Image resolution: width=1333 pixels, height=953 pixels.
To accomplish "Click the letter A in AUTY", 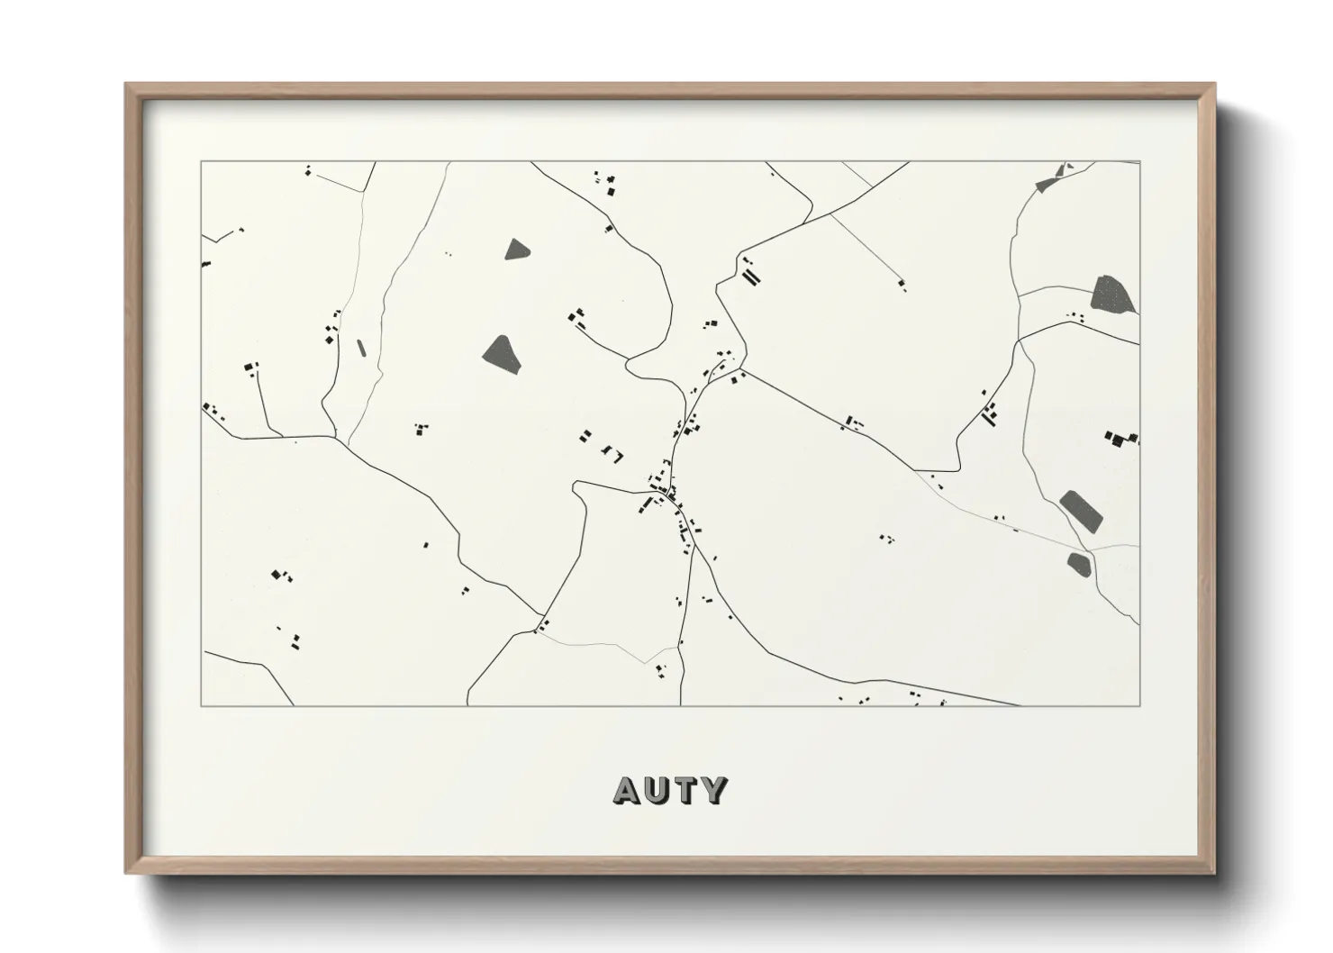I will coord(629,790).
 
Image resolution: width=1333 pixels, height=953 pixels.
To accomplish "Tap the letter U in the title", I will coord(658,790).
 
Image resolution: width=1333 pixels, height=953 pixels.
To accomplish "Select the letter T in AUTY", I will coord(686,790).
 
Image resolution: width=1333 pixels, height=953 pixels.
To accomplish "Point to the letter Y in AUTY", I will coord(714,790).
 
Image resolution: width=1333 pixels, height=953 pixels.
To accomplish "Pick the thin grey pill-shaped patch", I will coord(362,347).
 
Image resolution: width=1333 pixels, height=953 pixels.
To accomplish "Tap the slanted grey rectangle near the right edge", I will coord(1081,512).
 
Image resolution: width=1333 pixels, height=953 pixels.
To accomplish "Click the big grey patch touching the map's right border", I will coord(1112,295).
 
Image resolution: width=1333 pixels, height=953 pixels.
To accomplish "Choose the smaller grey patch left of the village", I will coord(515,250).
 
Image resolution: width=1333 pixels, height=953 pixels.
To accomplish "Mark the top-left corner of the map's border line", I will coord(201,162).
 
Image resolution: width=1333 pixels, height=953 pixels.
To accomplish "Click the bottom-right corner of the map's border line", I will coord(1139,705).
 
